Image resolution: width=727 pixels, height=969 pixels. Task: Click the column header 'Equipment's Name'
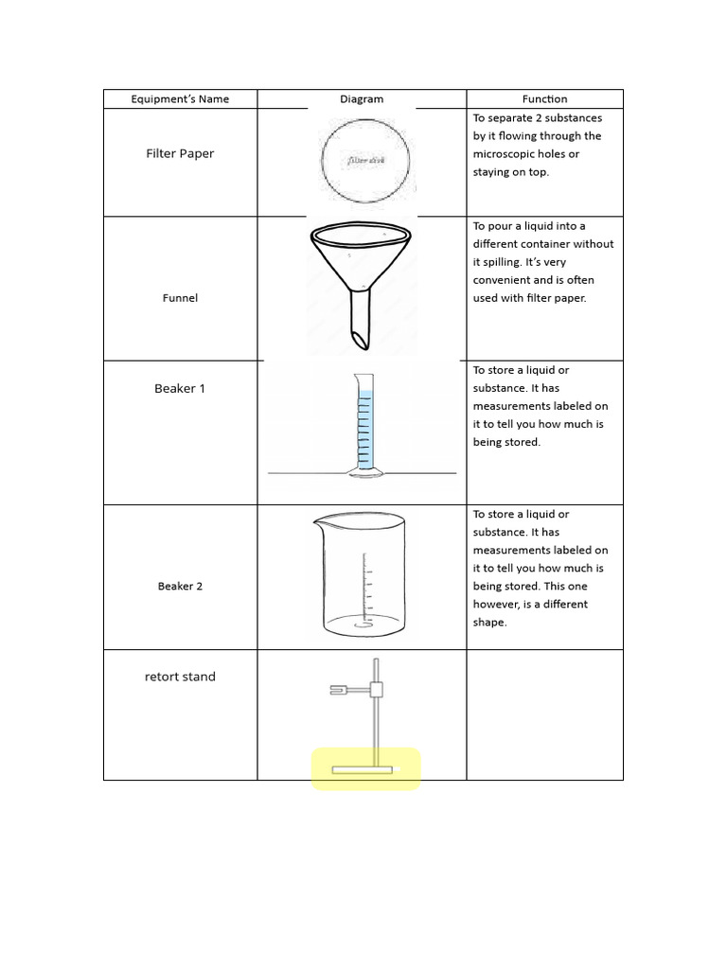click(180, 99)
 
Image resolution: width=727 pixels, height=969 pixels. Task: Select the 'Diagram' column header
click(362, 99)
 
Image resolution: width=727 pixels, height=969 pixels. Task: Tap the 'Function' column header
click(544, 99)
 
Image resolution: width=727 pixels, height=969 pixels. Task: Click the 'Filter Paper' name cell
click(180, 153)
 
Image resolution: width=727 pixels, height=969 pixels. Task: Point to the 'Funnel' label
click(180, 298)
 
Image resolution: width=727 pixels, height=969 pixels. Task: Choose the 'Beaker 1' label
click(180, 389)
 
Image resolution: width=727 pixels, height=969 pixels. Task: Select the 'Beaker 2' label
click(180, 587)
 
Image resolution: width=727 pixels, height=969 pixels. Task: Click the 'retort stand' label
click(180, 677)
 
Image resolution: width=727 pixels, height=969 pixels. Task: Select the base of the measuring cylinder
click(363, 470)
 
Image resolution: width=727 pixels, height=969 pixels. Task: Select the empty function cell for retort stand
click(544, 714)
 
